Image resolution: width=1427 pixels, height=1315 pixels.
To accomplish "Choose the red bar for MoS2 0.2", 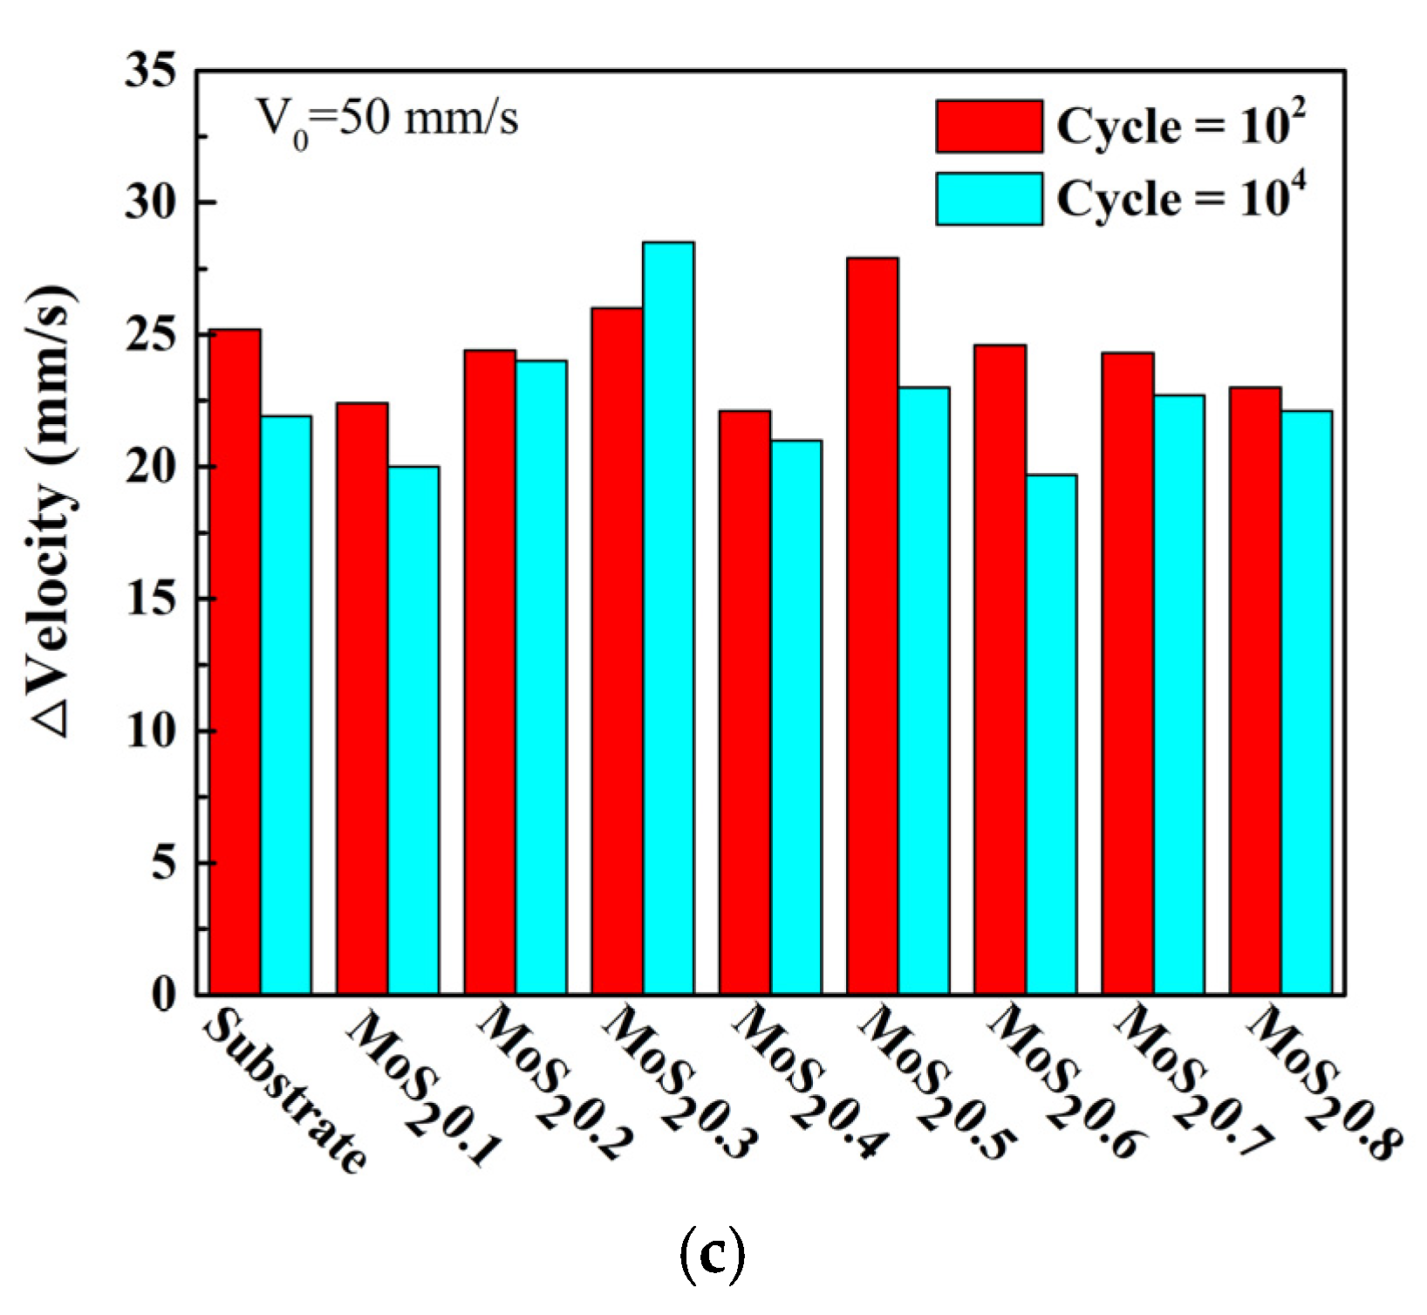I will pos(489,672).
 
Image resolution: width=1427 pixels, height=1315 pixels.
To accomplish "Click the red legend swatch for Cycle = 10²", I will pos(989,127).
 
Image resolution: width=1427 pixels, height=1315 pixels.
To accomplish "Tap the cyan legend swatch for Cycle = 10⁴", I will pos(989,199).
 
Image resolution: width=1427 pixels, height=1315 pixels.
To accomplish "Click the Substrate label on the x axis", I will pos(283,1091).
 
